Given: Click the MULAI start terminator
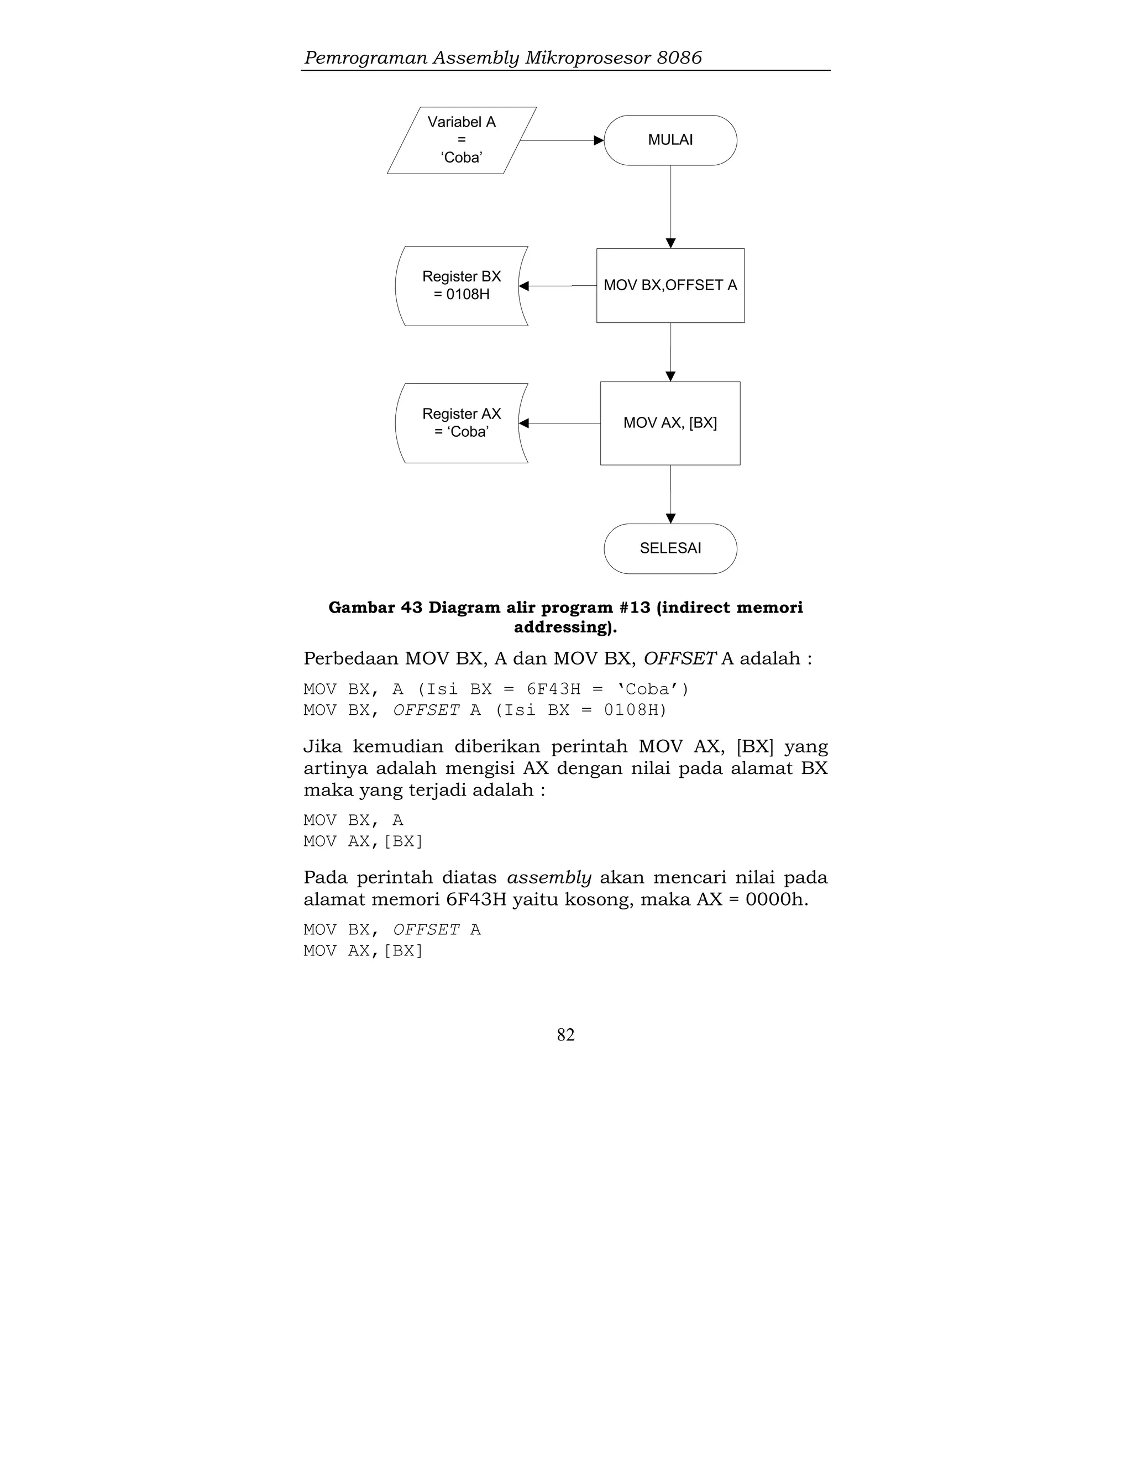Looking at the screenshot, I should click(x=670, y=140).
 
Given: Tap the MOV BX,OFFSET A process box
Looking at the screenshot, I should click(x=670, y=286).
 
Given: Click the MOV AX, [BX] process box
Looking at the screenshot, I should click(x=670, y=423).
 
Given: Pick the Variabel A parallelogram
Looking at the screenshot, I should click(x=462, y=140).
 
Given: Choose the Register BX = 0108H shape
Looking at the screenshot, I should click(x=462, y=286).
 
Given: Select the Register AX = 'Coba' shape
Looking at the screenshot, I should click(x=462, y=423).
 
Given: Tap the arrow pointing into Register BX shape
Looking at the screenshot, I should click(x=557, y=286).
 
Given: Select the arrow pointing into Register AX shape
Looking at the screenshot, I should click(x=559, y=423).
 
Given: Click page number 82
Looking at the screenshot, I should click(x=565, y=1035).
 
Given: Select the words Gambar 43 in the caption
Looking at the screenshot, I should click(x=375, y=608).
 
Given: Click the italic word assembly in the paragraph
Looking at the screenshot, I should click(x=548, y=878).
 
